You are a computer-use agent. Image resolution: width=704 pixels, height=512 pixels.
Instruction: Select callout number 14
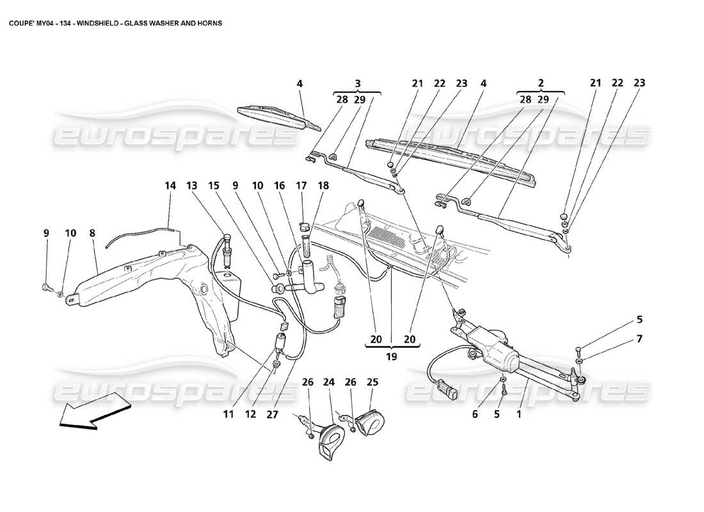click(x=170, y=186)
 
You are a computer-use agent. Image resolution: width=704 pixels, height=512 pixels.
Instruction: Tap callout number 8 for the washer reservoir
click(x=92, y=234)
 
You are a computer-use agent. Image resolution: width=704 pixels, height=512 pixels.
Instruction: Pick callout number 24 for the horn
click(x=329, y=383)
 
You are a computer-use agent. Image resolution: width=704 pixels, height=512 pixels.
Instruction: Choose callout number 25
click(x=372, y=383)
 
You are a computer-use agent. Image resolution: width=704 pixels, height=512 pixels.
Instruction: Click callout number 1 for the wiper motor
click(x=519, y=413)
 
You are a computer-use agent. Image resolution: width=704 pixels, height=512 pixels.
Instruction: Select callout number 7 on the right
click(x=639, y=339)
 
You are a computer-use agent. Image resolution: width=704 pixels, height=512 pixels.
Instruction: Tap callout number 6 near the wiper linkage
click(x=474, y=413)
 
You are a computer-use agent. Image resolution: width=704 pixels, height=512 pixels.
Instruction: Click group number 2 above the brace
click(x=541, y=83)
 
